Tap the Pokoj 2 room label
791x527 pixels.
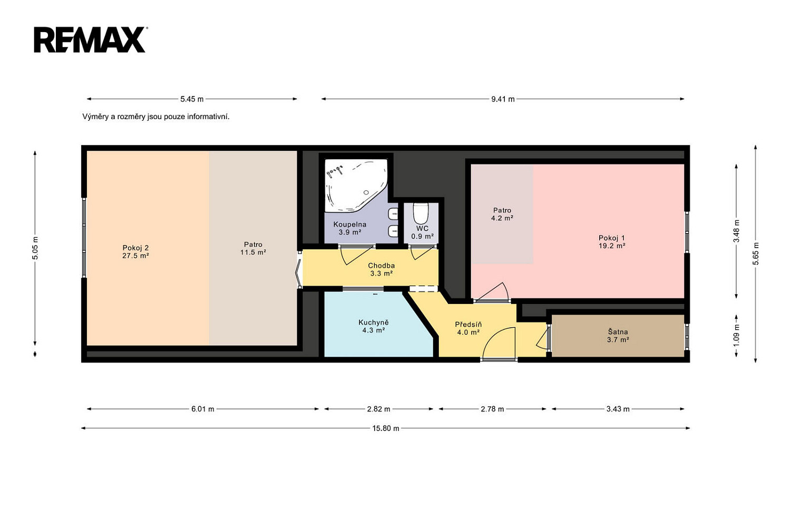coord(135,251)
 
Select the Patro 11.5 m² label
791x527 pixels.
coord(253,248)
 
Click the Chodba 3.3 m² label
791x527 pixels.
coord(382,269)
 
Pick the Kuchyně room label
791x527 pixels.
coord(374,326)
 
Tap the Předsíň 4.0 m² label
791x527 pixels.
coord(468,328)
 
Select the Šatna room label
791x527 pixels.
coord(618,336)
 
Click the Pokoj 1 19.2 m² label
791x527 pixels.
coord(612,241)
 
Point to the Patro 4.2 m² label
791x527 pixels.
coord(502,214)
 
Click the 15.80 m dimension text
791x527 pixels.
coord(386,428)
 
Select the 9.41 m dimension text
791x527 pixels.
coord(503,99)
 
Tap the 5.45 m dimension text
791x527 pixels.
coord(192,99)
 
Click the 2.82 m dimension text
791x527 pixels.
coord(378,409)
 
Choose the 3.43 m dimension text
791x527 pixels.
coord(618,409)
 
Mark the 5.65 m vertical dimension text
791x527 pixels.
coord(756,253)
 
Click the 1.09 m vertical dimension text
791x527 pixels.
coord(736,335)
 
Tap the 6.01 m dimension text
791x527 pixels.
coord(203,409)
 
